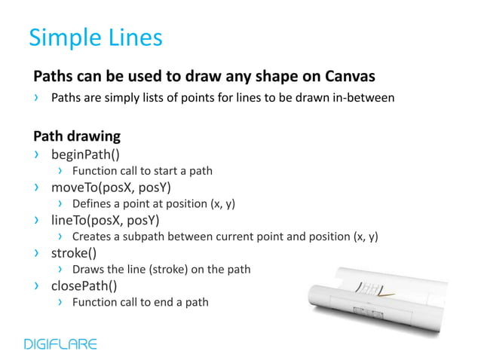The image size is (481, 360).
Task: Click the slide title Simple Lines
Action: click(x=95, y=37)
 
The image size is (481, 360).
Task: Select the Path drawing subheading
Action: click(x=77, y=137)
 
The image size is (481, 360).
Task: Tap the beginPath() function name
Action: click(x=85, y=155)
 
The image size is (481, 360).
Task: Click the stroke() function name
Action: click(x=73, y=253)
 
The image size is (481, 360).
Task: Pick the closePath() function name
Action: click(x=83, y=286)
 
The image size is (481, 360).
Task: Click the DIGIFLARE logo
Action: click(x=60, y=344)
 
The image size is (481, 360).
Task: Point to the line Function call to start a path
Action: click(x=142, y=171)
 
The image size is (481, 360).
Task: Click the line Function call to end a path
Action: click(x=140, y=303)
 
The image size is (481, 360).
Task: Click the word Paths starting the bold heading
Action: click(x=52, y=77)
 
